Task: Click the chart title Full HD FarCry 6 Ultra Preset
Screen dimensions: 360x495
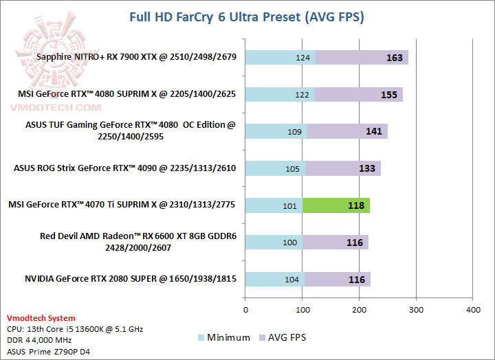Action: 247,16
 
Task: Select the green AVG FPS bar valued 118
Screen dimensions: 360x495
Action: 335,205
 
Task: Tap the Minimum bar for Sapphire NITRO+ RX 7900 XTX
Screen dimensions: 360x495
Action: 280,58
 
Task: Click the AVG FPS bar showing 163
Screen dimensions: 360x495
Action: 362,58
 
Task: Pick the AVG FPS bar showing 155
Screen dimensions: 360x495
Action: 358,94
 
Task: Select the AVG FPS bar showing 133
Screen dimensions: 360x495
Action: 342,168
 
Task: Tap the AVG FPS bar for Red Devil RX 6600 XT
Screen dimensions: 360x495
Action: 335,242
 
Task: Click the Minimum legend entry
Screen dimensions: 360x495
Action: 225,337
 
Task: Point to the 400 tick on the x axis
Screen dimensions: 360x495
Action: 473,310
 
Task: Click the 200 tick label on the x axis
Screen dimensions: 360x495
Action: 359,310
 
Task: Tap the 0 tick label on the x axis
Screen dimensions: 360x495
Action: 245,310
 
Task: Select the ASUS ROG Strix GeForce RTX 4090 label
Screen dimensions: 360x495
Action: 125,168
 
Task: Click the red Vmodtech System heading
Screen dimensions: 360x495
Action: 41,318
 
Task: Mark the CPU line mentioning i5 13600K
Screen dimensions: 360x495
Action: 74,329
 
